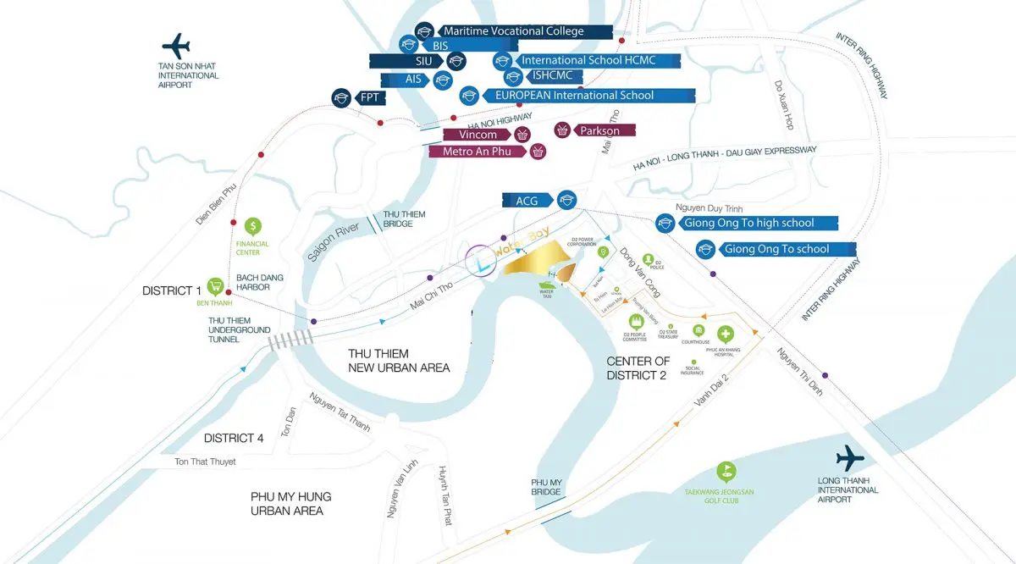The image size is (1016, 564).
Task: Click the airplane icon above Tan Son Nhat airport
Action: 177,45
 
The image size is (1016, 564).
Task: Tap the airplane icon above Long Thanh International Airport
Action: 849,459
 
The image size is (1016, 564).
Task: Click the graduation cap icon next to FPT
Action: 341,97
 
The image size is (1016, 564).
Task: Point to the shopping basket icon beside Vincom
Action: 523,135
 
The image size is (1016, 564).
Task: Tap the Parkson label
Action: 599,130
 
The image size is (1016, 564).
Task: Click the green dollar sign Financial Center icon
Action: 252,226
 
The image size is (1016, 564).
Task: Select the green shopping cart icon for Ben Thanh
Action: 216,286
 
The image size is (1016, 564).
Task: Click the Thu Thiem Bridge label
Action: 398,218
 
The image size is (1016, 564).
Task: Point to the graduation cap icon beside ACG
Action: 566,201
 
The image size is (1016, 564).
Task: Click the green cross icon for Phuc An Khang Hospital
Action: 725,334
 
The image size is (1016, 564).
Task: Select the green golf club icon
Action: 725,471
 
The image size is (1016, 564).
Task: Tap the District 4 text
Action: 233,438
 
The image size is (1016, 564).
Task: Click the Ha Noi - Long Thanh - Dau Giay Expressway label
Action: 725,158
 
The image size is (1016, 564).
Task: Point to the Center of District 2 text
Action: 638,368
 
